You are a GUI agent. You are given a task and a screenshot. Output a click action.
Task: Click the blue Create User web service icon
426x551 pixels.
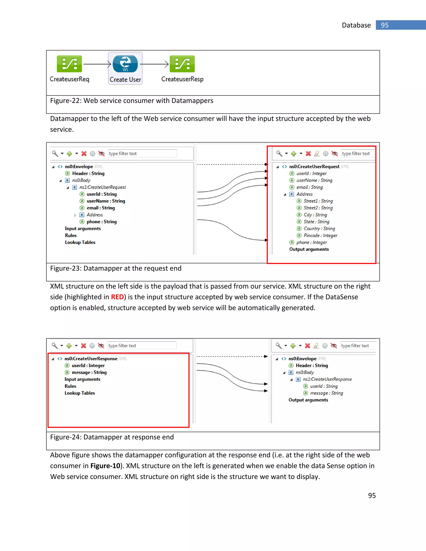tap(125, 64)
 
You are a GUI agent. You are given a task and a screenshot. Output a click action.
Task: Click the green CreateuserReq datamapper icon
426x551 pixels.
tap(69, 64)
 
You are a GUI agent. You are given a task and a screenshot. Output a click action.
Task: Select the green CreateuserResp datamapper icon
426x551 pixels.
tap(182, 64)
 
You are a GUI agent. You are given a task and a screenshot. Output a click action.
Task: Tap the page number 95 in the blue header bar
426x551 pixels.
tap(385, 25)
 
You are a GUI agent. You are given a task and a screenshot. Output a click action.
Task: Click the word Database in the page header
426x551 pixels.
tap(356, 25)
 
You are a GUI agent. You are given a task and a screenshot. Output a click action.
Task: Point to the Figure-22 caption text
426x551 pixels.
tap(131, 101)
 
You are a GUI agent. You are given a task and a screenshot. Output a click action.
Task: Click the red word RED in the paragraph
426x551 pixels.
tap(117, 297)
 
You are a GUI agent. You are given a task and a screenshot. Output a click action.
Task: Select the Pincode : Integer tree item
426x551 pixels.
tap(320, 235)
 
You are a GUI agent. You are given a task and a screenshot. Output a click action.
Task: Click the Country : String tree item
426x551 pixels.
tap(319, 229)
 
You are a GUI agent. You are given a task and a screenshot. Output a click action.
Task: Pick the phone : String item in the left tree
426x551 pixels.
tap(102, 222)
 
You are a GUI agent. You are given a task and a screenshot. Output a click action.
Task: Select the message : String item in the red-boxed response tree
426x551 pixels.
tap(89, 372)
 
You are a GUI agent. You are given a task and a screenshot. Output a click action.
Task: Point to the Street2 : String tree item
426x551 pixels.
tap(318, 208)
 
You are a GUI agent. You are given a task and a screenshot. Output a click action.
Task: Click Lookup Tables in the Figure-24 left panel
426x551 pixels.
tap(79, 393)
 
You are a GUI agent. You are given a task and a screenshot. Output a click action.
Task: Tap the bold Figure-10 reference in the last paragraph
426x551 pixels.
tap(105, 466)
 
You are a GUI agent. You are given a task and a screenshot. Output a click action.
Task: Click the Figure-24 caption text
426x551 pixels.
tap(112, 437)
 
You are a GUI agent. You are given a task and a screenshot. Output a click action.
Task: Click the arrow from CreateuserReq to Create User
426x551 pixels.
tap(97, 64)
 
